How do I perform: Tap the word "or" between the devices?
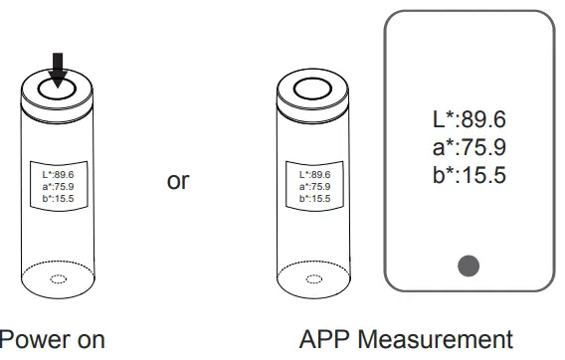tap(178, 182)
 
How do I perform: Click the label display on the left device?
tap(58, 186)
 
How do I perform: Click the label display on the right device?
tap(313, 186)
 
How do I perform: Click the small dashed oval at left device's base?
tap(59, 279)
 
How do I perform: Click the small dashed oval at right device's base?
tap(314, 279)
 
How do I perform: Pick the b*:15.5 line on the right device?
tap(313, 197)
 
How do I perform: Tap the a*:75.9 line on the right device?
tap(313, 186)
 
